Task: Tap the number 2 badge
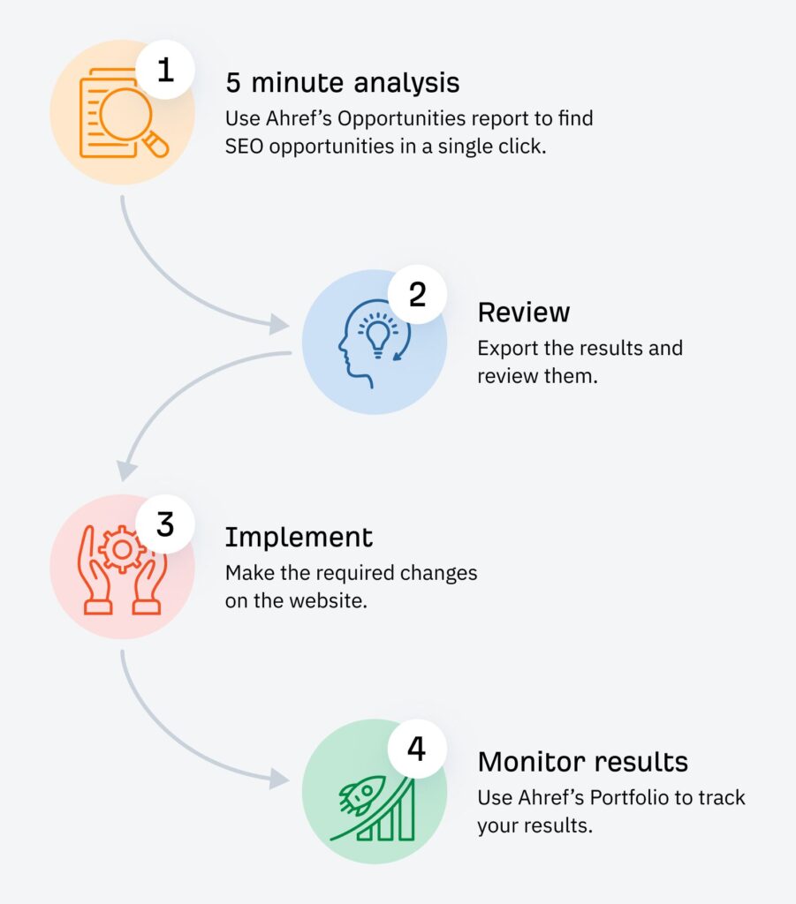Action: [417, 295]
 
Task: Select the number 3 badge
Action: [164, 524]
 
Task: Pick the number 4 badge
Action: [417, 749]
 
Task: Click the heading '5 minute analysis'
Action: [342, 83]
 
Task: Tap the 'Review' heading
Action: [524, 312]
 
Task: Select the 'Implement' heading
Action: [299, 537]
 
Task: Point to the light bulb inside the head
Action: [379, 335]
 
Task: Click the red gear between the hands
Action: [122, 552]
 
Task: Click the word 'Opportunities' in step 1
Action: [388, 118]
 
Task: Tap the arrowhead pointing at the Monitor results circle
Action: [281, 779]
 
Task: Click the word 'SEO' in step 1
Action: [244, 147]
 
